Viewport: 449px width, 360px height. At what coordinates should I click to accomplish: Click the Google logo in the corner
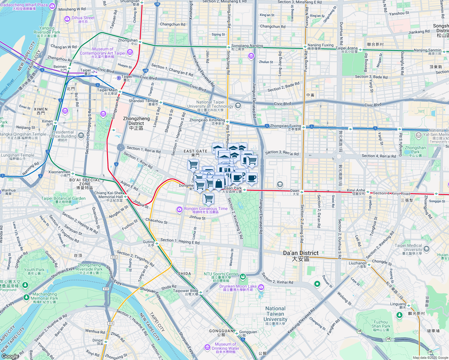(10, 356)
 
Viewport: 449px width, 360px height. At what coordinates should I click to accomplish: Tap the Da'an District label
(301, 256)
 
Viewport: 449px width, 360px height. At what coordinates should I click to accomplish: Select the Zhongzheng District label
(136, 123)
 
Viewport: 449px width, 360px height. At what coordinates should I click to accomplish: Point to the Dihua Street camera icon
(67, 19)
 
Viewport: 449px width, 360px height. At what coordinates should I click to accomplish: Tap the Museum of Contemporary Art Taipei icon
(130, 52)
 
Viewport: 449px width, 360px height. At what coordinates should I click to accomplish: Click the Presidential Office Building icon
(81, 136)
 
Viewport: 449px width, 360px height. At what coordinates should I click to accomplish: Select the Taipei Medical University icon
(426, 249)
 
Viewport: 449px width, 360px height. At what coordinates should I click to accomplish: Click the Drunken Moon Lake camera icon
(261, 288)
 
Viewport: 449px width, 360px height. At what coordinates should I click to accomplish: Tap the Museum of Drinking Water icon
(207, 347)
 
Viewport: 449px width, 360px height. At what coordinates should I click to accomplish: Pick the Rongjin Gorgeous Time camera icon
(179, 209)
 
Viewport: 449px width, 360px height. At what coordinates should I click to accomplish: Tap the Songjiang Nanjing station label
(247, 46)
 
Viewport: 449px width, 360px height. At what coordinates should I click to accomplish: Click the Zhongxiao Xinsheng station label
(207, 120)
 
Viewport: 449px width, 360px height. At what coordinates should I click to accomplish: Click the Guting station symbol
(157, 244)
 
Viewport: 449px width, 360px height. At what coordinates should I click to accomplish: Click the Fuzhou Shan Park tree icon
(399, 315)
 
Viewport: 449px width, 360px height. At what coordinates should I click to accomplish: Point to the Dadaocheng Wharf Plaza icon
(52, 6)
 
